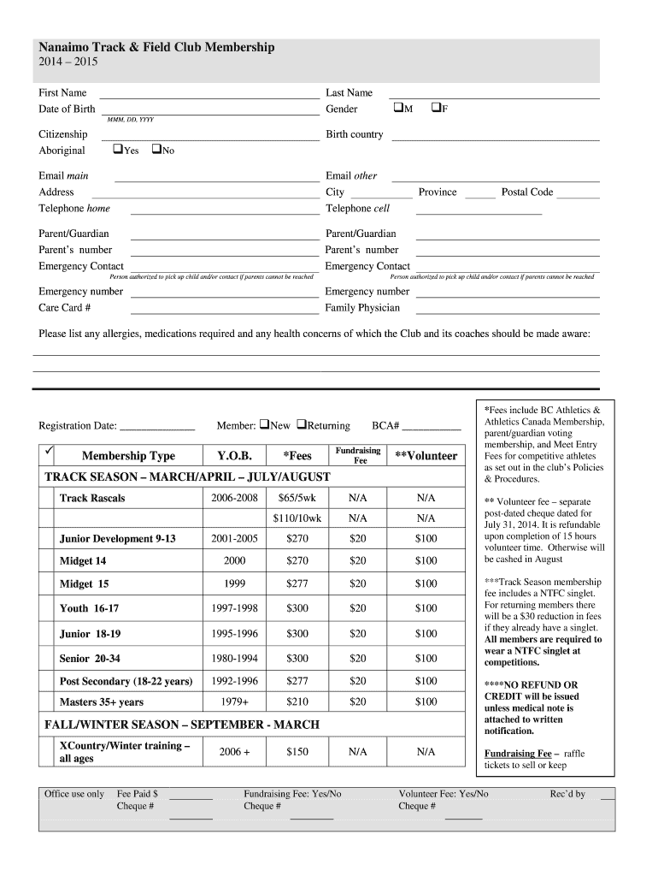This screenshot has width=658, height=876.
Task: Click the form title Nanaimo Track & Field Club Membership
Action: click(x=156, y=48)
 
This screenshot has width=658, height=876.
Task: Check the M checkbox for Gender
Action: click(x=399, y=109)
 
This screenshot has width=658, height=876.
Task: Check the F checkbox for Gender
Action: click(x=436, y=109)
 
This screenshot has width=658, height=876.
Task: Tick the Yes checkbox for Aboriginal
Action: click(x=118, y=150)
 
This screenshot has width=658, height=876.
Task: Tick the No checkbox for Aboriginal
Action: click(x=156, y=150)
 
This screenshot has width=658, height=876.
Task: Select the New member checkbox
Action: click(x=265, y=424)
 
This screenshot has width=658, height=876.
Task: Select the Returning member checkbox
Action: click(x=302, y=424)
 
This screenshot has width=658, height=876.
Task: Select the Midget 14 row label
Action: click(x=83, y=561)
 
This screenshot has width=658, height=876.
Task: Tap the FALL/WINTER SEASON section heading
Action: click(x=181, y=725)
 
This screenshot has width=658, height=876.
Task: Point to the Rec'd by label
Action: click(x=567, y=794)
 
